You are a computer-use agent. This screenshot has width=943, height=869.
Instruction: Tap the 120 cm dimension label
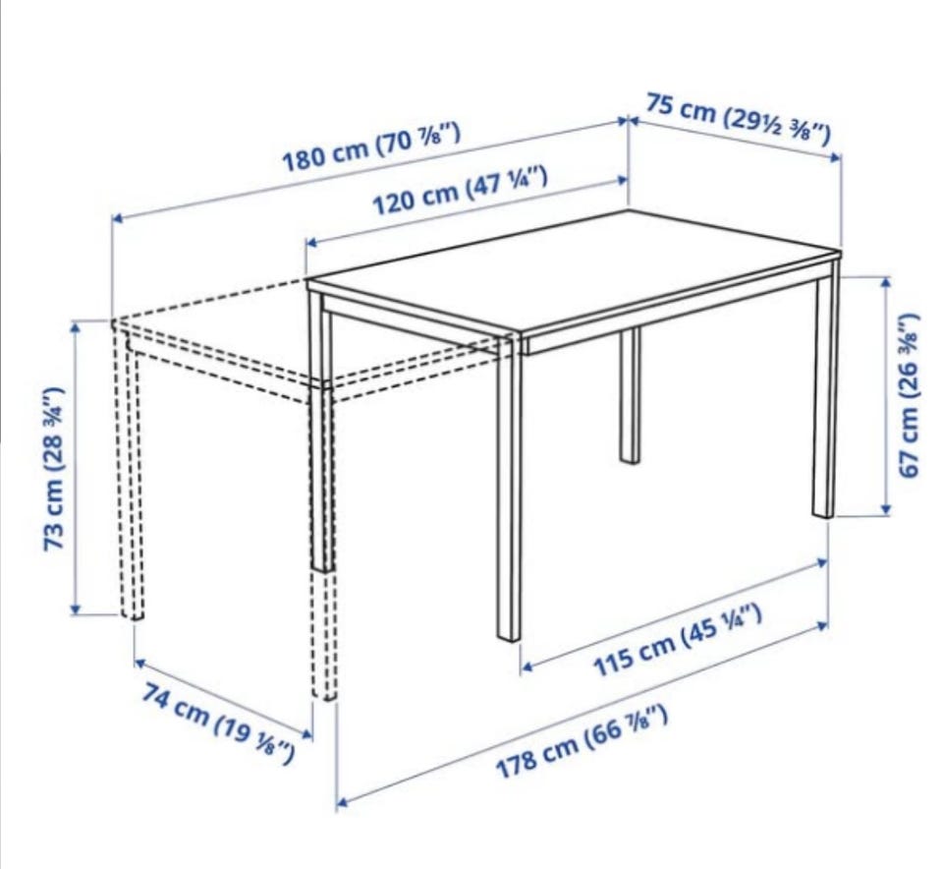point(460,191)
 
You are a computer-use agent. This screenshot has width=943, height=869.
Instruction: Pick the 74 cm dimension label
point(218,724)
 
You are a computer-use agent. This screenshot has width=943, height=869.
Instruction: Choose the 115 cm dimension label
point(678,640)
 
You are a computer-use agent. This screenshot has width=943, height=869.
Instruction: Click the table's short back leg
point(630,395)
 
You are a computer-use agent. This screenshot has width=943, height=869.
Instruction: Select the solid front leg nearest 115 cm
point(509,488)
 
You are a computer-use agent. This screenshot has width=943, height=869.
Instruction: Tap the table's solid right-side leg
point(825,389)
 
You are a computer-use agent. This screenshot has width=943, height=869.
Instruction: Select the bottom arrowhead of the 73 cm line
point(76,609)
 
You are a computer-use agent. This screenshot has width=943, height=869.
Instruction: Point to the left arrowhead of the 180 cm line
point(118,218)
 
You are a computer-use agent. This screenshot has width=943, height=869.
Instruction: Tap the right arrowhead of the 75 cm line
point(835,158)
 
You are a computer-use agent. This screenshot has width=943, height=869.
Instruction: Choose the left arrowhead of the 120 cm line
point(311,243)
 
